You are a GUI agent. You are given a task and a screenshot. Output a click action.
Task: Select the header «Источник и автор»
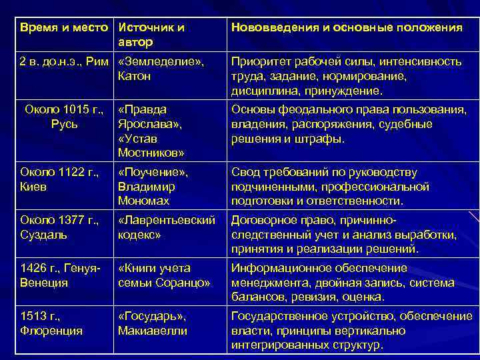click(x=151, y=35)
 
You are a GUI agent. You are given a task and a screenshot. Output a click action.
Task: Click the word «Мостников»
click(x=151, y=153)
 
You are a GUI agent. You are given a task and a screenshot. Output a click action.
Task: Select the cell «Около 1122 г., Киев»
click(x=59, y=180)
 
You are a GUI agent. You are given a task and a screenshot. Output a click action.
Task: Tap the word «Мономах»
click(x=143, y=201)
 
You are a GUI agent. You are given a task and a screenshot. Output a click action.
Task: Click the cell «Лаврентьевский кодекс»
click(x=165, y=227)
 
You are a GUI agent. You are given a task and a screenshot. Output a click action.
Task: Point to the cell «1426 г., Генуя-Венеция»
click(x=60, y=275)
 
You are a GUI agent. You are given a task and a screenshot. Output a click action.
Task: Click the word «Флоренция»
click(x=51, y=330)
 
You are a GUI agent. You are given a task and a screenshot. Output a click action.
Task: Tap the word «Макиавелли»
click(x=152, y=330)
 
